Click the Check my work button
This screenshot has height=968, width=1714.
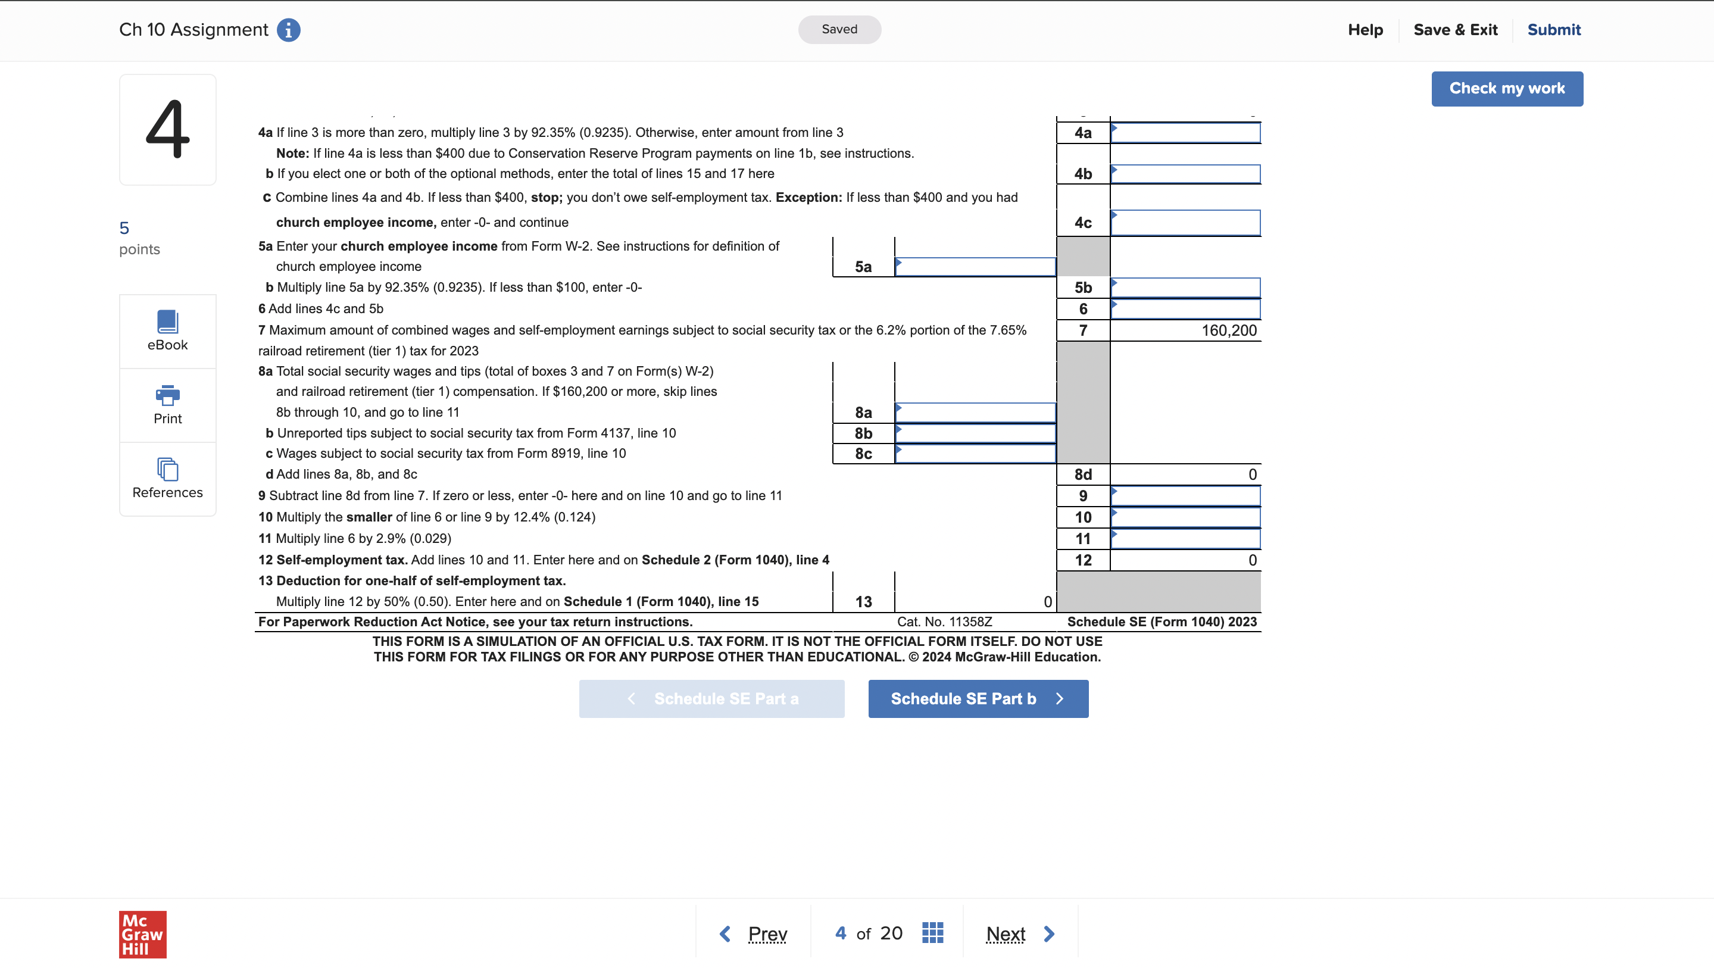(1506, 89)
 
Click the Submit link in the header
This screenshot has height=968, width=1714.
(1553, 30)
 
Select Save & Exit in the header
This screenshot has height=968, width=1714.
(1454, 30)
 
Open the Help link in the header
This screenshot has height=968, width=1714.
(1365, 30)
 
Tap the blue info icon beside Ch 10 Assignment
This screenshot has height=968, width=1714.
(288, 30)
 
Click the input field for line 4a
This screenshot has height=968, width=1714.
(1185, 133)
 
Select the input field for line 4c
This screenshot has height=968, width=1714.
(1185, 223)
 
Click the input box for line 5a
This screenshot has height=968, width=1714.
(975, 267)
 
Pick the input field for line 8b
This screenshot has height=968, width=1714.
(975, 434)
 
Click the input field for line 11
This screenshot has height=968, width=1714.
(1185, 539)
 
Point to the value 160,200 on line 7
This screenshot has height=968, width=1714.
(1228, 330)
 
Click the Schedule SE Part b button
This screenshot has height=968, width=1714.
(978, 698)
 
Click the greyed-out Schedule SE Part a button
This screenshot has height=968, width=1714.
(711, 698)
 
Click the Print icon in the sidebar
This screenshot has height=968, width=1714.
(168, 404)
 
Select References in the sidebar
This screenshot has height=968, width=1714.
(168, 479)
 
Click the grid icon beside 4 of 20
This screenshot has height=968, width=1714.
(932, 933)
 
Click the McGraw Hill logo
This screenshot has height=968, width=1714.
(142, 933)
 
